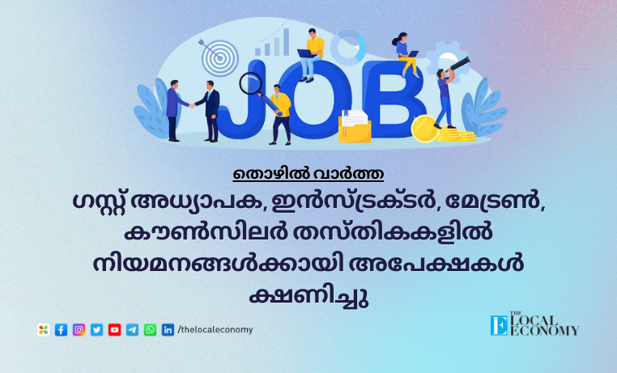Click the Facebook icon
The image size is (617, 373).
click(x=61, y=330)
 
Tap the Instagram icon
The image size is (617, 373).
click(x=79, y=330)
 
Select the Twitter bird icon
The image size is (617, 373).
click(x=97, y=330)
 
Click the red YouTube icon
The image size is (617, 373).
click(x=114, y=330)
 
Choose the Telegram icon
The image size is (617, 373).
click(x=132, y=330)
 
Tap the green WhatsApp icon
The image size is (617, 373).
click(x=150, y=330)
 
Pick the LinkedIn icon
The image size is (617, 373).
click(x=168, y=330)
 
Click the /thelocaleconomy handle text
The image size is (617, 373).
click(x=215, y=330)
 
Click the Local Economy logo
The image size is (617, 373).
click(x=534, y=324)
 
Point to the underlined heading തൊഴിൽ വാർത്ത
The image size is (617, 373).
click(x=308, y=174)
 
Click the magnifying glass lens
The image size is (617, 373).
click(x=251, y=83)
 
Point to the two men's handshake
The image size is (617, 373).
click(x=192, y=105)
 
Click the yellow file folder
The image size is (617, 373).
click(x=355, y=126)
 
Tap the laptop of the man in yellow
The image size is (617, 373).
click(x=307, y=54)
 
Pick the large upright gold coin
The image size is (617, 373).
click(x=424, y=129)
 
